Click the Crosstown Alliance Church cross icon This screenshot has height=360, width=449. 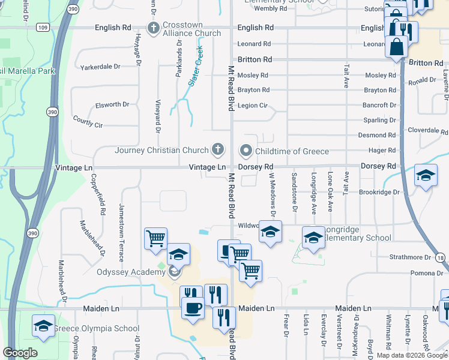pyautogui.click(x=153, y=28)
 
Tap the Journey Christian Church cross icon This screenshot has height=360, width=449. pyautogui.click(x=218, y=149)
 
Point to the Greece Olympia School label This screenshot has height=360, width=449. pyautogui.click(x=97, y=328)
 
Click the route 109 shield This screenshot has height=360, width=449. pyautogui.click(x=42, y=28)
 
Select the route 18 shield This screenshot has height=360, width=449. pyautogui.click(x=441, y=257)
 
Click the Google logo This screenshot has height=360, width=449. pyautogui.click(x=20, y=353)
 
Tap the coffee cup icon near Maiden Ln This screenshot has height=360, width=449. pyautogui.click(x=192, y=308)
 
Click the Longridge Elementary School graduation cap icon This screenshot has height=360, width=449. pyautogui.click(x=313, y=238)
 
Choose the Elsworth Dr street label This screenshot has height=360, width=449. pyautogui.click(x=112, y=105)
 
